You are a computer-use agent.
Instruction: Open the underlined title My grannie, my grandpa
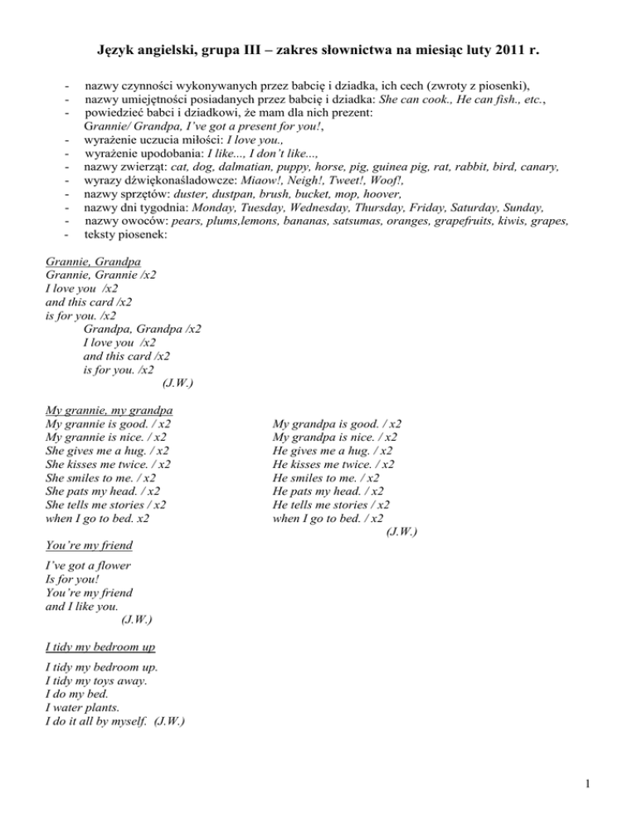tap(109, 410)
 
